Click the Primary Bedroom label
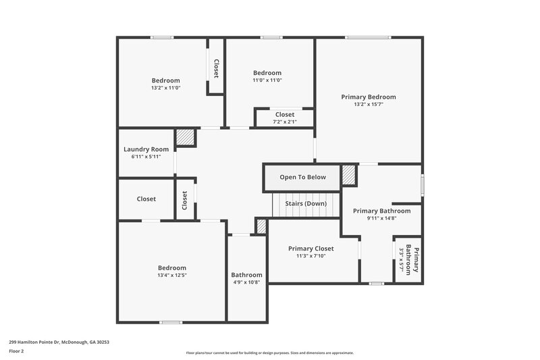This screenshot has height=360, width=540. pos(368,97)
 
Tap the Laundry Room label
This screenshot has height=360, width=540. pos(146,149)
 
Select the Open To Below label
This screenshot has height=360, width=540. pos(302,177)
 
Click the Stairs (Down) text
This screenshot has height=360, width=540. pos(306,203)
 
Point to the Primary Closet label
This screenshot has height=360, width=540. pos(310,249)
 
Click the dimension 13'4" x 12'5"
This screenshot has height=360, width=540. pos(171,276)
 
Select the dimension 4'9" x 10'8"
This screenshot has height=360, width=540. pos(246,282)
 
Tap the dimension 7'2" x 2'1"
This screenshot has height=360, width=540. pos(284,122)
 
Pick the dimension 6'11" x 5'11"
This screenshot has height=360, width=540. pos(146,157)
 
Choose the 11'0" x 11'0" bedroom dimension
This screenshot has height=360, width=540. pos(267,80)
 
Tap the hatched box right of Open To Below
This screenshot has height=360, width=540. pos(348,174)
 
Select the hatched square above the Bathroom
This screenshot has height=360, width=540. pos(261,226)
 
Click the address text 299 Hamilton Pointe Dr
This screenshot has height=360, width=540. pos(59,342)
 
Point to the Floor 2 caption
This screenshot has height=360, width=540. pos(18,351)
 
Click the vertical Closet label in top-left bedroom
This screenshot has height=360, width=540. pos(216,68)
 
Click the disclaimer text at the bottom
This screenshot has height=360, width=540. pos(269,353)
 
